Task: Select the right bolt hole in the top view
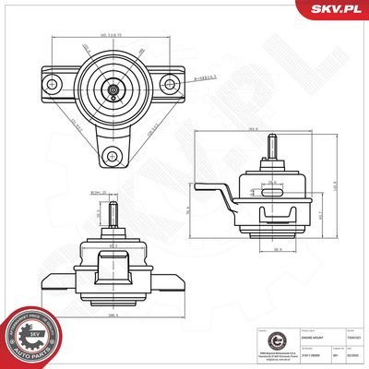(x=168, y=84)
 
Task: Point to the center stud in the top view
(x=112, y=89)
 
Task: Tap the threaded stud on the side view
(x=272, y=148)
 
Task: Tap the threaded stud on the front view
(x=109, y=213)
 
